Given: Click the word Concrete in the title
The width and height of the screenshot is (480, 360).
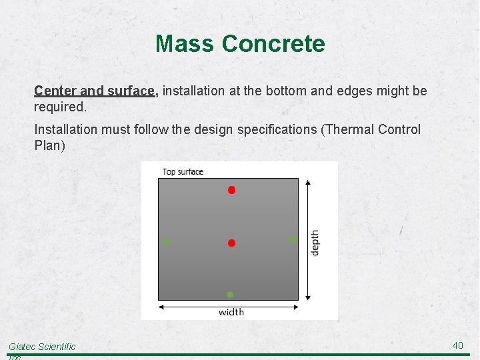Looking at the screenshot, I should tap(273, 44).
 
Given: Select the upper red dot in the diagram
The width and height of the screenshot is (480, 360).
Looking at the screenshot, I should tap(231, 190).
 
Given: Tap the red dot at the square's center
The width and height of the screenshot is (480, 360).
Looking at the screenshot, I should tap(231, 243).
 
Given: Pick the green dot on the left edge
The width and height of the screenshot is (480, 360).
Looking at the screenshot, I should tap(166, 241).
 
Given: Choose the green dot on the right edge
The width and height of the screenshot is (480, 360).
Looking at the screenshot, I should tap(292, 239).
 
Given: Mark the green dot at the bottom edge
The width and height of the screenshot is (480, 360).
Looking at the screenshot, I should tap(230, 295).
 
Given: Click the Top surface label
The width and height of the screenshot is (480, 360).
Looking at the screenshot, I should tap(183, 172).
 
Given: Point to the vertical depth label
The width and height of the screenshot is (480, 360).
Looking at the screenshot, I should tap(315, 242).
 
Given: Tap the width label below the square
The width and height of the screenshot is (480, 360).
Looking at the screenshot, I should tap(231, 312).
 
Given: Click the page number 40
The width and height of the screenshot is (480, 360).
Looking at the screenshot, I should tap(457, 345).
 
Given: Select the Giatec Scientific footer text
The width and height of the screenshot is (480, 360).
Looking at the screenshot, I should tap(42, 347).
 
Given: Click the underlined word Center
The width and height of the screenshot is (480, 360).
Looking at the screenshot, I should tap(55, 91).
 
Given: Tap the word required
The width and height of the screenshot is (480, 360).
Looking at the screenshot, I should tap(59, 107).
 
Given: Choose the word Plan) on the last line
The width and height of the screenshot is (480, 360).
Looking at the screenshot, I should tap(49, 145).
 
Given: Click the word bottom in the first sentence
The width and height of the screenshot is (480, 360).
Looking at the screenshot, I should tap(285, 91).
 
